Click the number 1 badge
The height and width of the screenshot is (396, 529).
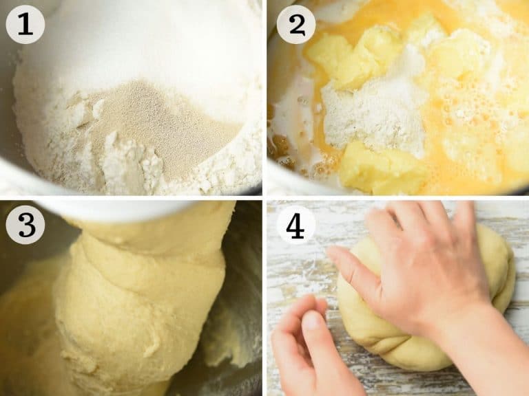click(25, 24)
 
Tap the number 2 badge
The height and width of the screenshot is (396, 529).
click(296, 24)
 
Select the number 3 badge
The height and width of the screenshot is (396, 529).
click(25, 225)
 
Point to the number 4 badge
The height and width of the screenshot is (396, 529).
click(296, 225)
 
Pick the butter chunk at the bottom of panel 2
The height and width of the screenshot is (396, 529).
click(381, 168)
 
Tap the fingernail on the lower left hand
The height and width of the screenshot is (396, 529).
click(313, 321)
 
